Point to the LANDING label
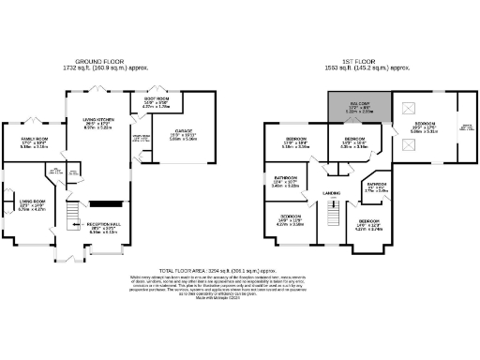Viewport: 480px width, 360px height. pyautogui.click(x=330, y=194)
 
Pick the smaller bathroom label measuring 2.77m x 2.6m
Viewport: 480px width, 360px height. pyautogui.click(x=376, y=187)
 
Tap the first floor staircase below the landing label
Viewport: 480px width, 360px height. pyautogui.click(x=330, y=219)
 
